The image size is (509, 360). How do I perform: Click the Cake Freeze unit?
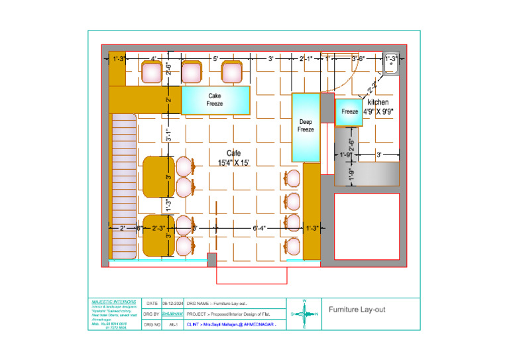(x=215, y=100)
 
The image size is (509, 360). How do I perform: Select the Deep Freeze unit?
(x=306, y=126)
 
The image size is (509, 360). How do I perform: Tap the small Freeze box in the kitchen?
(x=349, y=112)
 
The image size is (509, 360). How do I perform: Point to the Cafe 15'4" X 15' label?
(x=234, y=158)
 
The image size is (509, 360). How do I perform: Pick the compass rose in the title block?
(x=304, y=314)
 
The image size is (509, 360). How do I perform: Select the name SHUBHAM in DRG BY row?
(x=172, y=314)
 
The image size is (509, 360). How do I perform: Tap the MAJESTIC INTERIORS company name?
(x=113, y=301)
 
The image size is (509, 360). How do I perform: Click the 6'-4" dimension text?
(x=259, y=228)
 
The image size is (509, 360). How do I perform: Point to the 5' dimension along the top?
(x=216, y=60)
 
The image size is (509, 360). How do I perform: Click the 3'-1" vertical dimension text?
(x=169, y=135)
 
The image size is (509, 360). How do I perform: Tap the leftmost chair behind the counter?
(x=152, y=72)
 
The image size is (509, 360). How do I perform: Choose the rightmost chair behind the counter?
(x=231, y=72)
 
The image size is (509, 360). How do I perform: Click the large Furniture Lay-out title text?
(x=357, y=310)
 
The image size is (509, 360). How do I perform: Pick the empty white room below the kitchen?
(x=367, y=225)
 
